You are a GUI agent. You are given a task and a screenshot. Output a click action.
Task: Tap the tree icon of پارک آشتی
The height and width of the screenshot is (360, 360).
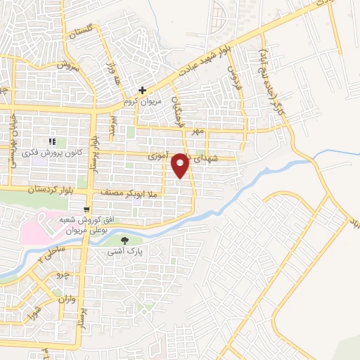click(125, 240)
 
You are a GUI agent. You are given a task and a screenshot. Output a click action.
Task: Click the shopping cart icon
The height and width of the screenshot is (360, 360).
click(86, 209)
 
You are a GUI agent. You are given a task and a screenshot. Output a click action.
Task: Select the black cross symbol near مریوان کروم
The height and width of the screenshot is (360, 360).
click(142, 91)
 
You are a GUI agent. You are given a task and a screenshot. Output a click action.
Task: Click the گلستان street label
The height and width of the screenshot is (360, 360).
click(80, 32)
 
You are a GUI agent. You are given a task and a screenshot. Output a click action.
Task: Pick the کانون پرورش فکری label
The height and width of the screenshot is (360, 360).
click(61, 153)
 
